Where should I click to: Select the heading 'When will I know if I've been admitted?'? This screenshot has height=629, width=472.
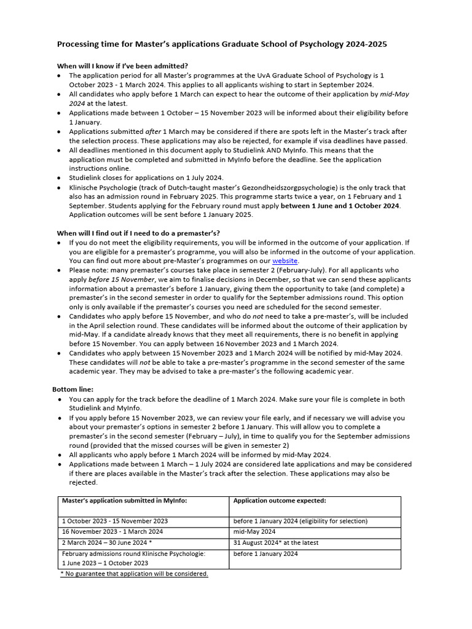[x=122, y=66]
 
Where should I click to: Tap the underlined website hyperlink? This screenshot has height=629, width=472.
[x=285, y=261]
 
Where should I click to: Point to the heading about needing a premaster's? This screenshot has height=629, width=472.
[x=138, y=233]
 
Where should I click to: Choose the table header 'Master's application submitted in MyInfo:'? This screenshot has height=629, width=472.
[x=124, y=501]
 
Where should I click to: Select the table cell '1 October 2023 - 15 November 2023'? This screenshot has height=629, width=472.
[x=115, y=521]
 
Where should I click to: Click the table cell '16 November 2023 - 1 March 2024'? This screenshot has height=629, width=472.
[x=112, y=532]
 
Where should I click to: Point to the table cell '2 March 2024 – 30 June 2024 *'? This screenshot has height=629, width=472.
[x=108, y=543]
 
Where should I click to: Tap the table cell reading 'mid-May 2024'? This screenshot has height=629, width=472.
[x=254, y=532]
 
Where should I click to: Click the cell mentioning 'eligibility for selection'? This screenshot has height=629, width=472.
[x=301, y=521]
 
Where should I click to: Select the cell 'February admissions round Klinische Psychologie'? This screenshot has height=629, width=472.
[x=133, y=553]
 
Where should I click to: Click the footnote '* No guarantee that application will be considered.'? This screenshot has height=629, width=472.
[x=134, y=574]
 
